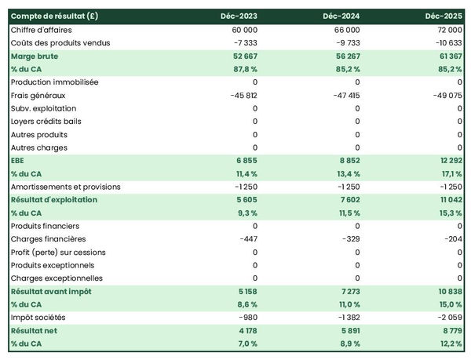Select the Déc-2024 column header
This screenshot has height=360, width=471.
[x=342, y=16]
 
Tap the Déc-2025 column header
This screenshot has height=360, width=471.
[x=444, y=16]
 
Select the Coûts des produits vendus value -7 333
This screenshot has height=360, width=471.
[x=243, y=42]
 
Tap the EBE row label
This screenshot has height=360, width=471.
[x=17, y=160]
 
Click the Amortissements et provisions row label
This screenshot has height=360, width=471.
[x=65, y=187]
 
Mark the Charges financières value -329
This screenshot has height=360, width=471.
[x=349, y=238]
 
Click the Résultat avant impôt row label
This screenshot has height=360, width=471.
[x=51, y=291]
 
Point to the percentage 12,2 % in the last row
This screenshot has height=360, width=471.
[x=449, y=344]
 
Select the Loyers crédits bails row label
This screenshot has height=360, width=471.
[x=46, y=121]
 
